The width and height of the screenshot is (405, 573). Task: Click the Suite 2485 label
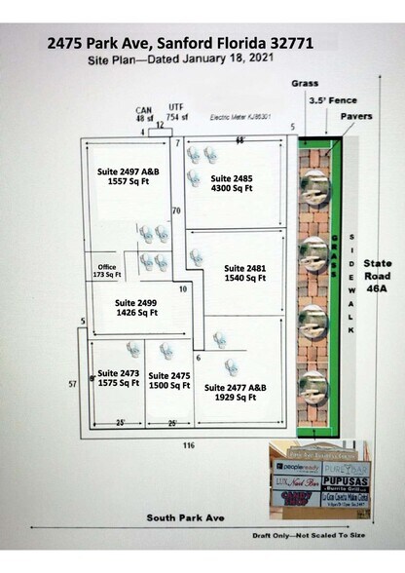231,183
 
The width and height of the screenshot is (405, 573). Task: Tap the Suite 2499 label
134,307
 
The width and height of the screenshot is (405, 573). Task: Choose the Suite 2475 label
168,379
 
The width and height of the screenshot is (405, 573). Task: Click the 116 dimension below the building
188,444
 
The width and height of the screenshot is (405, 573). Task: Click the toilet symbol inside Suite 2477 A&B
232,367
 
